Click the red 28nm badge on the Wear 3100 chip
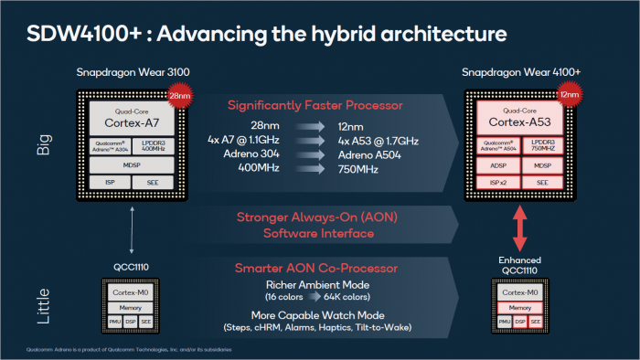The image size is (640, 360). (x=179, y=94)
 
